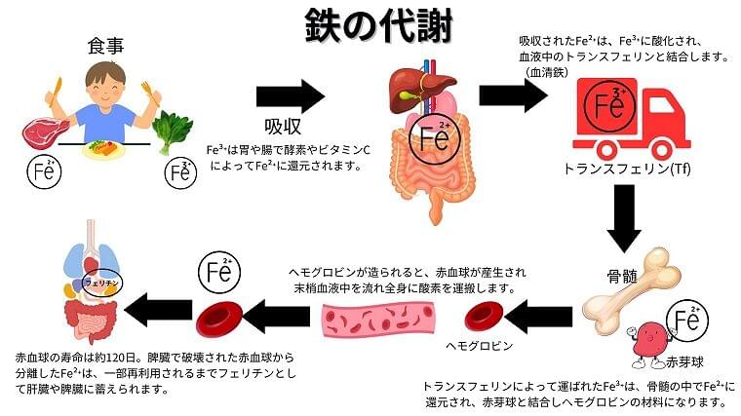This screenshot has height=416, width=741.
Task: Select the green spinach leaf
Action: pyautogui.click(x=171, y=130)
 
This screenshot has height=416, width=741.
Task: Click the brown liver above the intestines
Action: pyautogui.click(x=410, y=83)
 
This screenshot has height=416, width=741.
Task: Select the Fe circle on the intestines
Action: pyautogui.click(x=436, y=139)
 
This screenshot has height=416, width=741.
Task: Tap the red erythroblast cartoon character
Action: pyautogui.click(x=646, y=343)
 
